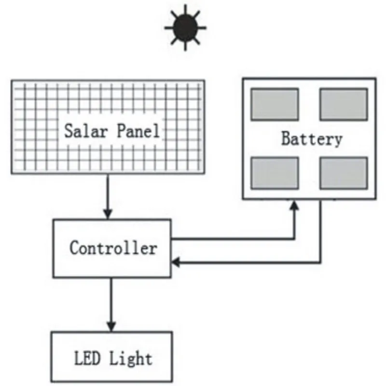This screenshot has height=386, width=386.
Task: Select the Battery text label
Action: [311, 139]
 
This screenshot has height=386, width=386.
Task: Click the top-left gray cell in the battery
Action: [275, 104]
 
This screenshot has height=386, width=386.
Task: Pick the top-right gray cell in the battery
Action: [343, 104]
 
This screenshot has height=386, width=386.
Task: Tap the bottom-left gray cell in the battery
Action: [275, 173]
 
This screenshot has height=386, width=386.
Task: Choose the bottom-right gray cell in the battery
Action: [343, 173]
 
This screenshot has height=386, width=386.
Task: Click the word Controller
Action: [113, 248]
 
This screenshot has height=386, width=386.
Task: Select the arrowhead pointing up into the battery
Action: [294, 206]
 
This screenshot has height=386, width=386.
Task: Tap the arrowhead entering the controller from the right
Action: [177, 262]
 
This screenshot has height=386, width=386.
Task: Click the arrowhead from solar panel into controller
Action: [108, 214]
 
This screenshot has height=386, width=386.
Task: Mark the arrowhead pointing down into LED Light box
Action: [111, 326]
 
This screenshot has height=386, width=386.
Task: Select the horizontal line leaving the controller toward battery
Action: [232, 238]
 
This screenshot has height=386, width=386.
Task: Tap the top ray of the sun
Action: [185, 7]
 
